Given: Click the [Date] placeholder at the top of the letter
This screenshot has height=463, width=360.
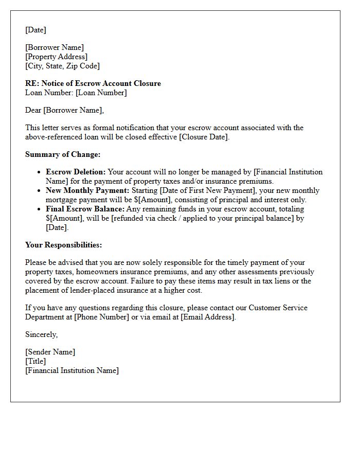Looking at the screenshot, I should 35,30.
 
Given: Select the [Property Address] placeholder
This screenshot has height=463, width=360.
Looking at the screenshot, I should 57,57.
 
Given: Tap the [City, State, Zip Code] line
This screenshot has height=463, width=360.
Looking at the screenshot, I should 63,66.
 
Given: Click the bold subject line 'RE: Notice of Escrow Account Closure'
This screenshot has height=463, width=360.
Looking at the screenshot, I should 93,83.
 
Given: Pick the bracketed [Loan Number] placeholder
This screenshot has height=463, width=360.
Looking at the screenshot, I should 101,93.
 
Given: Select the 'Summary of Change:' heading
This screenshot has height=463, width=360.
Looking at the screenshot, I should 63,154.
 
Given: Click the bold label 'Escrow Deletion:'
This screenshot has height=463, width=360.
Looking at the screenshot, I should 76,172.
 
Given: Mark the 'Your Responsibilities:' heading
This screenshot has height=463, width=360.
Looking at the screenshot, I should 64,245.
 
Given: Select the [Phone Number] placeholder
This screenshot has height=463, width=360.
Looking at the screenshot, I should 101,317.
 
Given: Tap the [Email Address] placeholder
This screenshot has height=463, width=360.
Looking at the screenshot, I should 207,317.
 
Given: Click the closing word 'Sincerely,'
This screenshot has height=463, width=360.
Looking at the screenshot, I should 42,334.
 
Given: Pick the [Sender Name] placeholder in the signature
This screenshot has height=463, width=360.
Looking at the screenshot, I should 50,352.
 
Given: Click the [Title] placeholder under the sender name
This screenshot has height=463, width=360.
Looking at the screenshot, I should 35,361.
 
